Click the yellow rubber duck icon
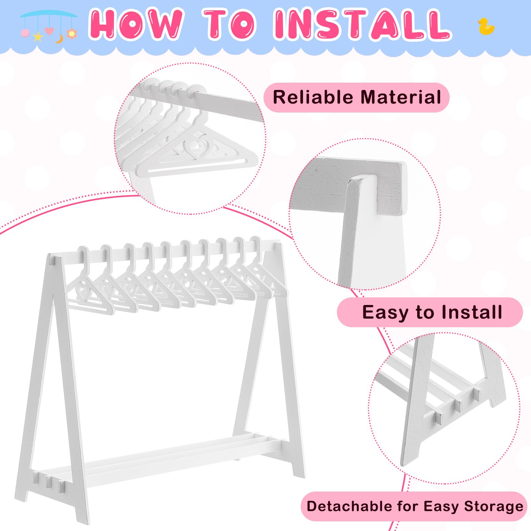coord(486,27)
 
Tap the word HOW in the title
coord(136,24)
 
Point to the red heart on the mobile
coord(49,31)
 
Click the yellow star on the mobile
coord(38,37)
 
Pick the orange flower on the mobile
coord(71,34)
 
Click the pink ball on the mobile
coord(25,33)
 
